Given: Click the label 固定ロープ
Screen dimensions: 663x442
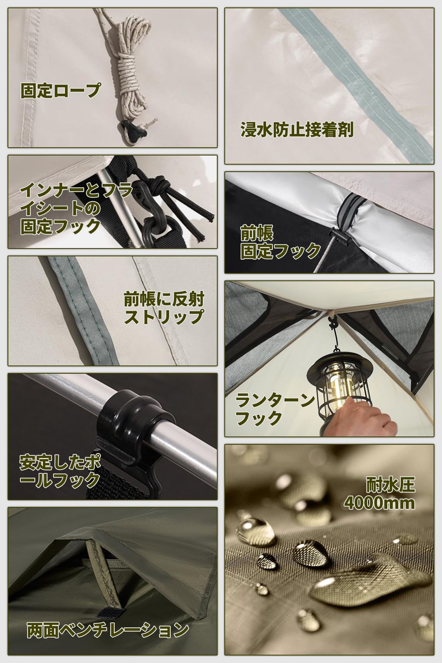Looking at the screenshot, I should tap(60, 90).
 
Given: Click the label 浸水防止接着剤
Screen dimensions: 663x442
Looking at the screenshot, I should tap(297, 130).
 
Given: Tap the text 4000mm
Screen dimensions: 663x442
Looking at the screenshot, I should tap(379, 503).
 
